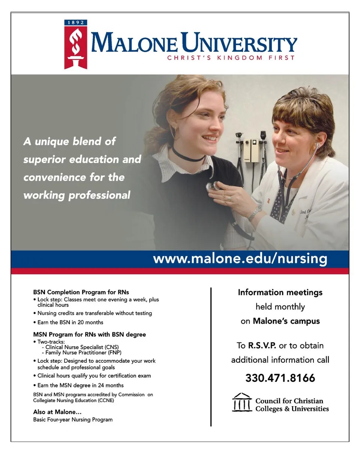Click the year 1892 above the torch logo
click(x=76, y=22)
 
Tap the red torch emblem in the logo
click(x=76, y=47)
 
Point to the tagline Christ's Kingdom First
click(x=231, y=58)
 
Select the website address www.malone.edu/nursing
click(x=240, y=259)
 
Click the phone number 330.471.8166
click(x=280, y=378)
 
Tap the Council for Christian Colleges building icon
click(x=242, y=402)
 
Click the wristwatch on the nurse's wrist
click(x=255, y=214)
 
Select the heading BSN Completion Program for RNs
click(x=81, y=292)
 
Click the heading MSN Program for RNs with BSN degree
click(x=89, y=334)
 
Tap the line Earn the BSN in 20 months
click(x=70, y=322)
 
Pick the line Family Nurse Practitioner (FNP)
click(x=83, y=353)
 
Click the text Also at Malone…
click(x=57, y=412)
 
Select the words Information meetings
click(x=280, y=292)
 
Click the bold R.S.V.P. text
click(x=262, y=345)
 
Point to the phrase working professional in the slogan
click(x=77, y=195)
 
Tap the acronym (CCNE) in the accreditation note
click(x=106, y=400)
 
